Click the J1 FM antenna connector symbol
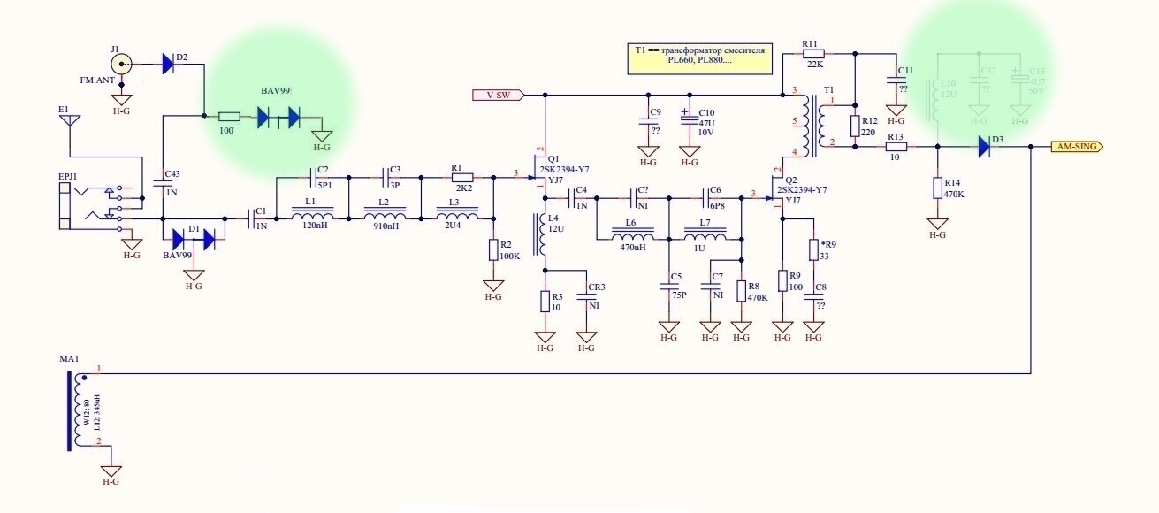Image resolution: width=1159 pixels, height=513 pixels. coord(122,65)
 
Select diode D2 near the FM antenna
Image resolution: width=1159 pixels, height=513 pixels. coord(167,64)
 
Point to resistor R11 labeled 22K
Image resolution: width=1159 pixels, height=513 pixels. coord(813,53)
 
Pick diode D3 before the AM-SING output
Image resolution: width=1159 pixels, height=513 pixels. coord(985,148)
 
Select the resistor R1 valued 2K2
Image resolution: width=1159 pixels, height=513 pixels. coord(461,178)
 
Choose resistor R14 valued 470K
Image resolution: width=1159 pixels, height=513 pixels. coord(937,188)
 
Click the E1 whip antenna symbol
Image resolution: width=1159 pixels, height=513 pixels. coord(69,120)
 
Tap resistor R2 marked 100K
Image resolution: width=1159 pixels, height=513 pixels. coord(493,250)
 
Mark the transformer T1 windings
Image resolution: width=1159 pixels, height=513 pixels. coord(806,125)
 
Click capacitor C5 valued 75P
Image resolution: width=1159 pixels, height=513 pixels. coord(669,287)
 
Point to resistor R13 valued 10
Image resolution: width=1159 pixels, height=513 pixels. coord(896,148)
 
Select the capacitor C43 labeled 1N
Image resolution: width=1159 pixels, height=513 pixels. coord(164,184)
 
